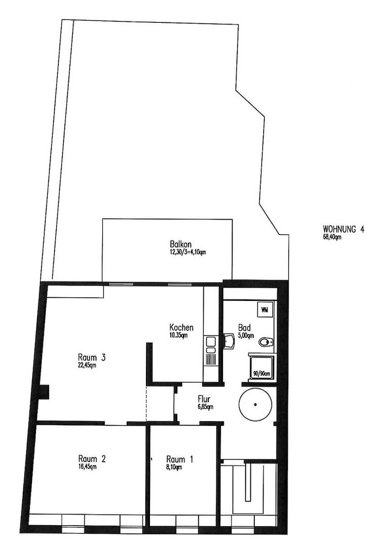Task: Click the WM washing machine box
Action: point(264,308)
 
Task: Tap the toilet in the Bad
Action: point(265,342)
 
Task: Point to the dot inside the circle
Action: point(255,404)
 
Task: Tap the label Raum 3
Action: point(92,357)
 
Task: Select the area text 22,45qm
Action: point(87,365)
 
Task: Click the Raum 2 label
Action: point(92,459)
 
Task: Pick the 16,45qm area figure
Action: point(87,467)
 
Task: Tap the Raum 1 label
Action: point(179,460)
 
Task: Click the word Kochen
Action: point(181,327)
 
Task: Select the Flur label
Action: point(204,399)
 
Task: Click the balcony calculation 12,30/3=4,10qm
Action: point(188,252)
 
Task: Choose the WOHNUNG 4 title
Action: point(343,229)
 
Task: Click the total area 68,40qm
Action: point(332,236)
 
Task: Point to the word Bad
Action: point(243,327)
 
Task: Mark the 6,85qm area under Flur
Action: point(205,406)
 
